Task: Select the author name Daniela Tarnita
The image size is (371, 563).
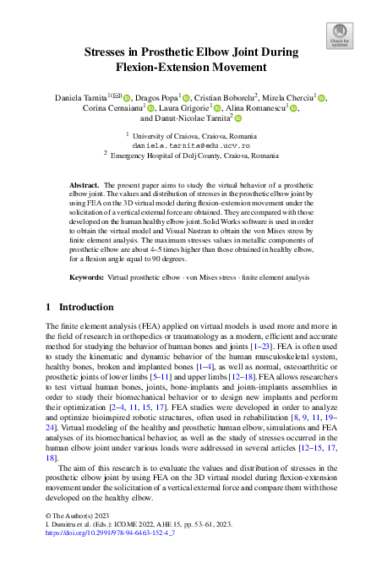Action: click(78, 97)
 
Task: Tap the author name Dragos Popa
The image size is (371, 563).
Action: click(155, 97)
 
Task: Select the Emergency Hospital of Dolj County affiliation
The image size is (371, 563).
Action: click(194, 155)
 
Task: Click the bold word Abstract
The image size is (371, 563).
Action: click(85, 183)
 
